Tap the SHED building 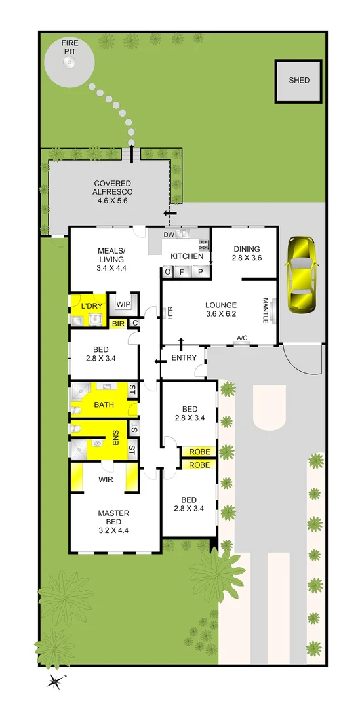pyautogui.click(x=299, y=81)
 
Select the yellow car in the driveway pyautogui.click(x=299, y=273)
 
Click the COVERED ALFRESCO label pyautogui.click(x=112, y=187)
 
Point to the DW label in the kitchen pyautogui.click(x=168, y=234)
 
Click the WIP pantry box pyautogui.click(x=123, y=304)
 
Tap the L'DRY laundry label pyautogui.click(x=91, y=307)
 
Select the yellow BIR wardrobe pyautogui.click(x=119, y=323)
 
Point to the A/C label pyautogui.click(x=242, y=338)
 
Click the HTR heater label pyautogui.click(x=170, y=313)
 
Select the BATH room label pyautogui.click(x=104, y=405)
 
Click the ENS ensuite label pyautogui.click(x=115, y=438)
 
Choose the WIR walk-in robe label pyautogui.click(x=105, y=480)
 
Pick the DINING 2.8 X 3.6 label pyautogui.click(x=247, y=254)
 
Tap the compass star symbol pyautogui.click(x=54, y=681)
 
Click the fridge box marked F pyautogui.click(x=182, y=271)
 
